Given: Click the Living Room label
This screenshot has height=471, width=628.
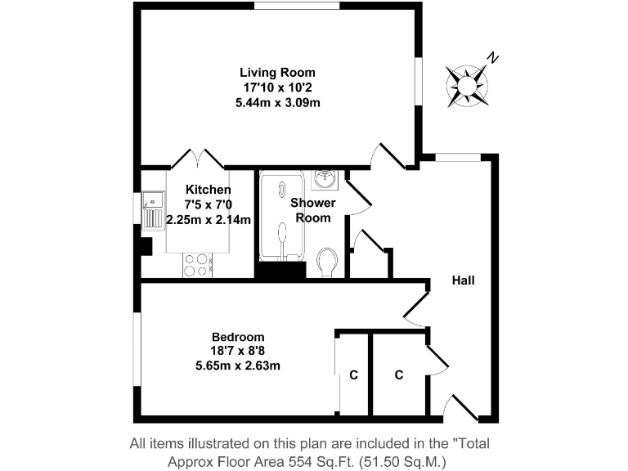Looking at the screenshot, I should pyautogui.click(x=276, y=73).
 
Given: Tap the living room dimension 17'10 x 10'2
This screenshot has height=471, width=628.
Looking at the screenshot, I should pyautogui.click(x=276, y=87).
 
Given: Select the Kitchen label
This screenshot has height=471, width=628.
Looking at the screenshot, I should pyautogui.click(x=208, y=190).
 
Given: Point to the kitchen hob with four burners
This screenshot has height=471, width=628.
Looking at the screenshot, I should pyautogui.click(x=198, y=265).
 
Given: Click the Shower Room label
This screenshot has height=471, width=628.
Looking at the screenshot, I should pyautogui.click(x=313, y=210).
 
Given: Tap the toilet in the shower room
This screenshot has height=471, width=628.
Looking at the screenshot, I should pyautogui.click(x=326, y=262).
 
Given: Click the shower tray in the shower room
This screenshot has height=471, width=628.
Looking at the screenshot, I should pyautogui.click(x=282, y=216).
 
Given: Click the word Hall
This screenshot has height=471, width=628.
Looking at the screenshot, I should pyautogui.click(x=464, y=280).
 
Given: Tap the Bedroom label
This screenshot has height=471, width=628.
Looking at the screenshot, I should pyautogui.click(x=238, y=337).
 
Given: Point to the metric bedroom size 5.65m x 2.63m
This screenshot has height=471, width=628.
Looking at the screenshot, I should pyautogui.click(x=238, y=366).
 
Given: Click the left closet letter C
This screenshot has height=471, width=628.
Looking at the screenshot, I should pyautogui.click(x=353, y=375).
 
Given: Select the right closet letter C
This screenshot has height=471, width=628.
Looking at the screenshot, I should pyautogui.click(x=398, y=375).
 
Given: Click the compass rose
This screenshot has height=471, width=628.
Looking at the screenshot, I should pyautogui.click(x=467, y=85).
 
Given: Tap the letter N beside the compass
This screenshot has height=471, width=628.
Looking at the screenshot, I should pyautogui.click(x=492, y=57).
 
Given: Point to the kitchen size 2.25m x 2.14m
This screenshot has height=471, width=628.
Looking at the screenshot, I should pyautogui.click(x=208, y=219).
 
